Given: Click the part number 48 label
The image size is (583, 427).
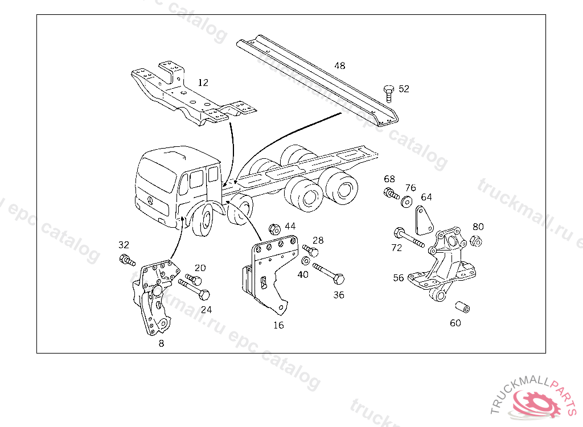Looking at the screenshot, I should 340,65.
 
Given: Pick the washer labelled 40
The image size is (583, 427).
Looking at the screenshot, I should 305,261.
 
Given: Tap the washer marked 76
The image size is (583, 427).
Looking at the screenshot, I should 407,202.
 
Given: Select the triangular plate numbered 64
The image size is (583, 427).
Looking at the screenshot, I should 422,220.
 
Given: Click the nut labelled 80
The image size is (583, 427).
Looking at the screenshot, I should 477,241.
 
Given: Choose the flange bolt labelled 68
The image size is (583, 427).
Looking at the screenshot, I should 391,194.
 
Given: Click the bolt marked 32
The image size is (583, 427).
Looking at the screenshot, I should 127,261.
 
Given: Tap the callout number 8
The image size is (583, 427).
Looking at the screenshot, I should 161,343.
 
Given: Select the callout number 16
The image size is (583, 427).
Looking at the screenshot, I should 278,325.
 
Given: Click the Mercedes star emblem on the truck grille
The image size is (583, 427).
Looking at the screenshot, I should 150,202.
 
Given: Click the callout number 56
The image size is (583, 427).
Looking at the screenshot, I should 399,278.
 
